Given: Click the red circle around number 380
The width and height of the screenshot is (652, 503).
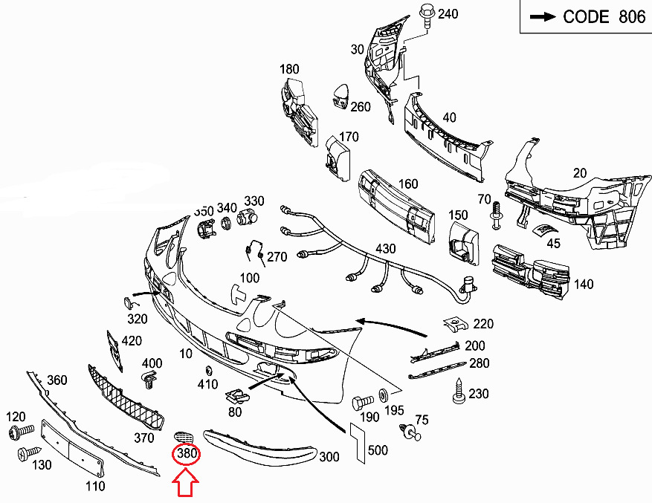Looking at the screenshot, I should pos(185,452).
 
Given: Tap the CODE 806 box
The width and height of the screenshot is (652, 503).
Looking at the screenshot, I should pos(584,17).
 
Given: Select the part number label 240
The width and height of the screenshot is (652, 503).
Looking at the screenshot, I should pos(448,13).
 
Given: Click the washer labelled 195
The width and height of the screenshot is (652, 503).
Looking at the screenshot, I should pos(384,394).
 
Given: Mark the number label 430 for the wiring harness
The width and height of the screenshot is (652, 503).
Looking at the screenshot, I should pos(386,249).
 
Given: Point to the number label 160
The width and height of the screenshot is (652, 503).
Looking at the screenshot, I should pos(408,184).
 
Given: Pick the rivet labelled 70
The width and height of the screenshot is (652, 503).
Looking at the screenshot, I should pos(497,218).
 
